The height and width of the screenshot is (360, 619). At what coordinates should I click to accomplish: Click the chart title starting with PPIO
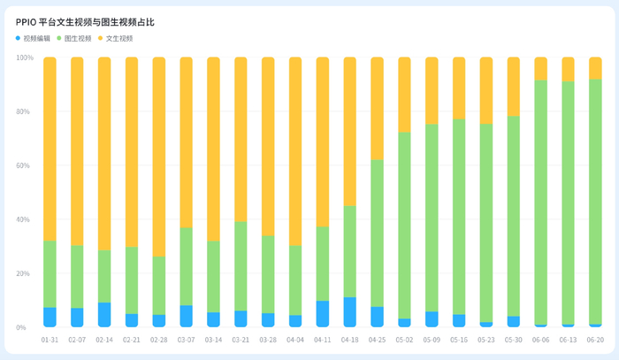point(85,22)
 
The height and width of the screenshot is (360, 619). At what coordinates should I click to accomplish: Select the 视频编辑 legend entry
point(33,38)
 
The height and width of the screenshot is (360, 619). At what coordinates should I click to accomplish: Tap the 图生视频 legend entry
point(74,38)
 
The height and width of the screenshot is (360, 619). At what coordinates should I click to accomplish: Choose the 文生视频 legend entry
point(115,38)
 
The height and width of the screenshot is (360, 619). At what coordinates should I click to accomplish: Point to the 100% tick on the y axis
point(25,57)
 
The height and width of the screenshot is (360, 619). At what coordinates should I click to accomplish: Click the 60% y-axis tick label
point(23,165)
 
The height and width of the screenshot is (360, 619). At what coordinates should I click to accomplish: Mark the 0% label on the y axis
point(21,327)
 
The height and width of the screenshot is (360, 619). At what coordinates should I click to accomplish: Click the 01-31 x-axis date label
point(50,340)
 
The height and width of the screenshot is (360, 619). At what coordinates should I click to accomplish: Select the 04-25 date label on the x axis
point(377,340)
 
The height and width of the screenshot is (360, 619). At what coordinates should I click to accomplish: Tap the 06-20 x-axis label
point(595,340)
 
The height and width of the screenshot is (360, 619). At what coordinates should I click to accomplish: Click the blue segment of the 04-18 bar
point(350,312)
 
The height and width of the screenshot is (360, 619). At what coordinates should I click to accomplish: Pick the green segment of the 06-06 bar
point(541,203)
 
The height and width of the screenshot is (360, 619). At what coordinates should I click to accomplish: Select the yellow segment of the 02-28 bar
point(159,157)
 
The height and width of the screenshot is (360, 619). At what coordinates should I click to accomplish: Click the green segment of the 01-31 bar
point(50,274)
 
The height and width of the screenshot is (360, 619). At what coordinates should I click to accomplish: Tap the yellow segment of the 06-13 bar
point(568,69)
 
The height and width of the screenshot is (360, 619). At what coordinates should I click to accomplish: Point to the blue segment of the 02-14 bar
point(104,315)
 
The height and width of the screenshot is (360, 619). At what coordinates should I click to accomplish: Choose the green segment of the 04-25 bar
point(377,233)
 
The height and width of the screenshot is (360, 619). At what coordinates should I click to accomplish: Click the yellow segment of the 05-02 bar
point(404,95)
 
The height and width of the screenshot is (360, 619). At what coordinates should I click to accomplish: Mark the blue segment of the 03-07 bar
point(187,316)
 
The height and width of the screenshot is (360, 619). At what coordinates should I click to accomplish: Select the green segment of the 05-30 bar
point(514,216)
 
